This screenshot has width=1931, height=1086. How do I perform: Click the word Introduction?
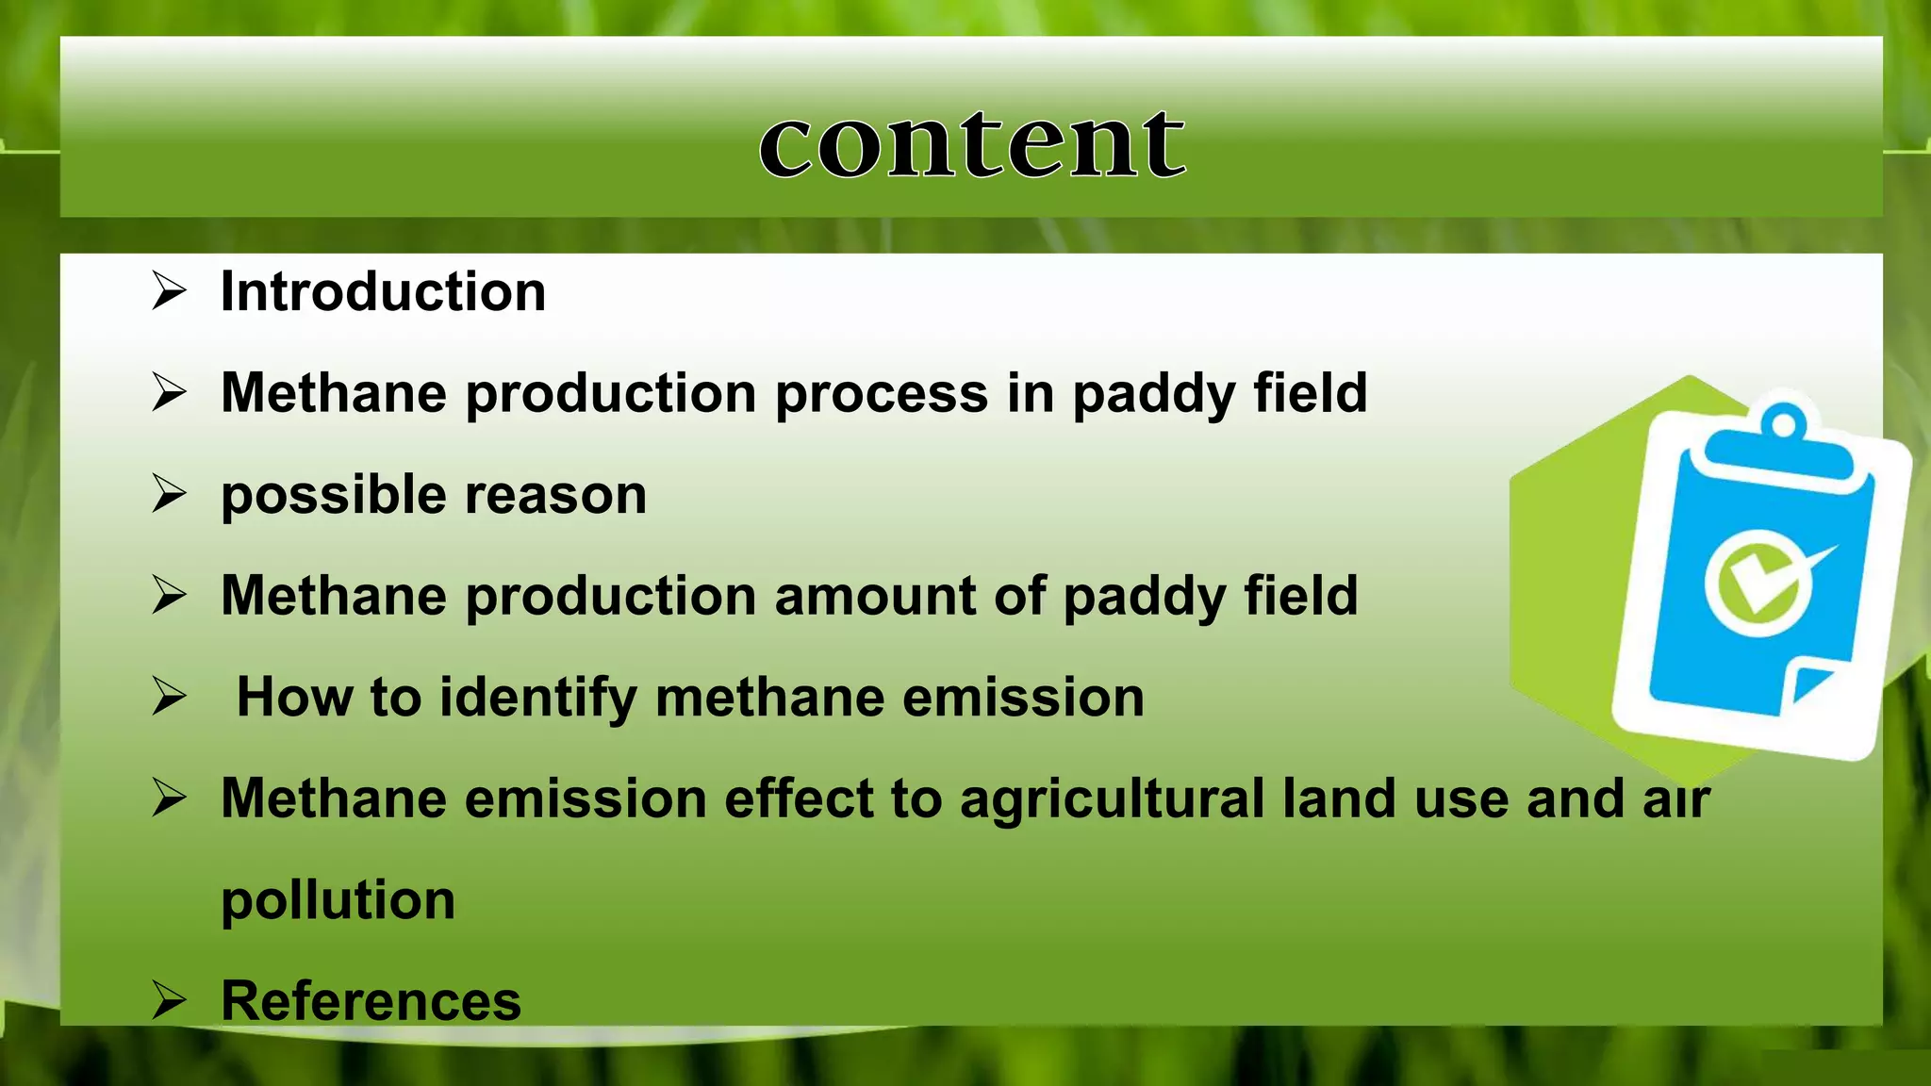click(383, 291)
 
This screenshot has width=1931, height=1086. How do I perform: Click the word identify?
click(538, 698)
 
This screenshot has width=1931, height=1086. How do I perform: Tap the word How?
click(294, 698)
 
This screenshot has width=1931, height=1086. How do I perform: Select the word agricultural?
click(1112, 799)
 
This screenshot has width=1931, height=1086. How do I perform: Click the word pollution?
click(338, 900)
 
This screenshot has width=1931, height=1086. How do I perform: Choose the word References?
click(371, 1001)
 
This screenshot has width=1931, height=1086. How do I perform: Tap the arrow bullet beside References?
click(169, 1000)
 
